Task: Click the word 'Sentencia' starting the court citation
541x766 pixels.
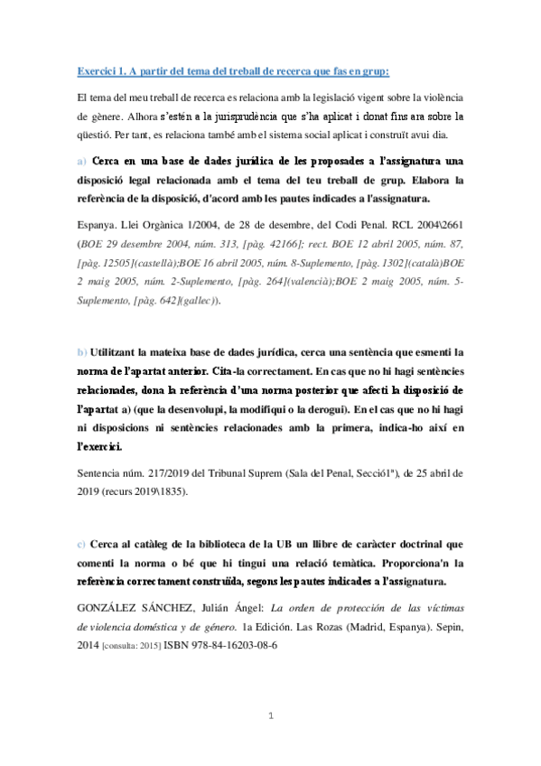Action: tap(101, 472)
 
